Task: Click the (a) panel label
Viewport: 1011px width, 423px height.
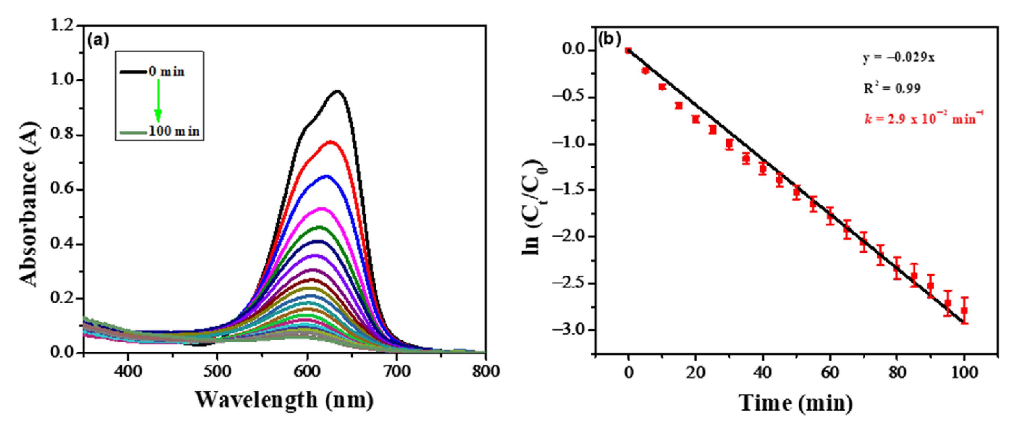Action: pos(98,41)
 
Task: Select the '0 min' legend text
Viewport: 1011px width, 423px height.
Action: pos(166,72)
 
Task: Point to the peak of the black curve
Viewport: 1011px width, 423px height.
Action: pos(337,92)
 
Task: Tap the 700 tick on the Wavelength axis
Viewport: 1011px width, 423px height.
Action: pos(396,371)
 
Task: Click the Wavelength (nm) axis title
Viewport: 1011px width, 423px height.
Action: pos(284,400)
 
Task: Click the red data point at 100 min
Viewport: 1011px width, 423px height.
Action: pos(964,311)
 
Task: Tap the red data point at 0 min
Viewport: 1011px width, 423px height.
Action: pos(628,50)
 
